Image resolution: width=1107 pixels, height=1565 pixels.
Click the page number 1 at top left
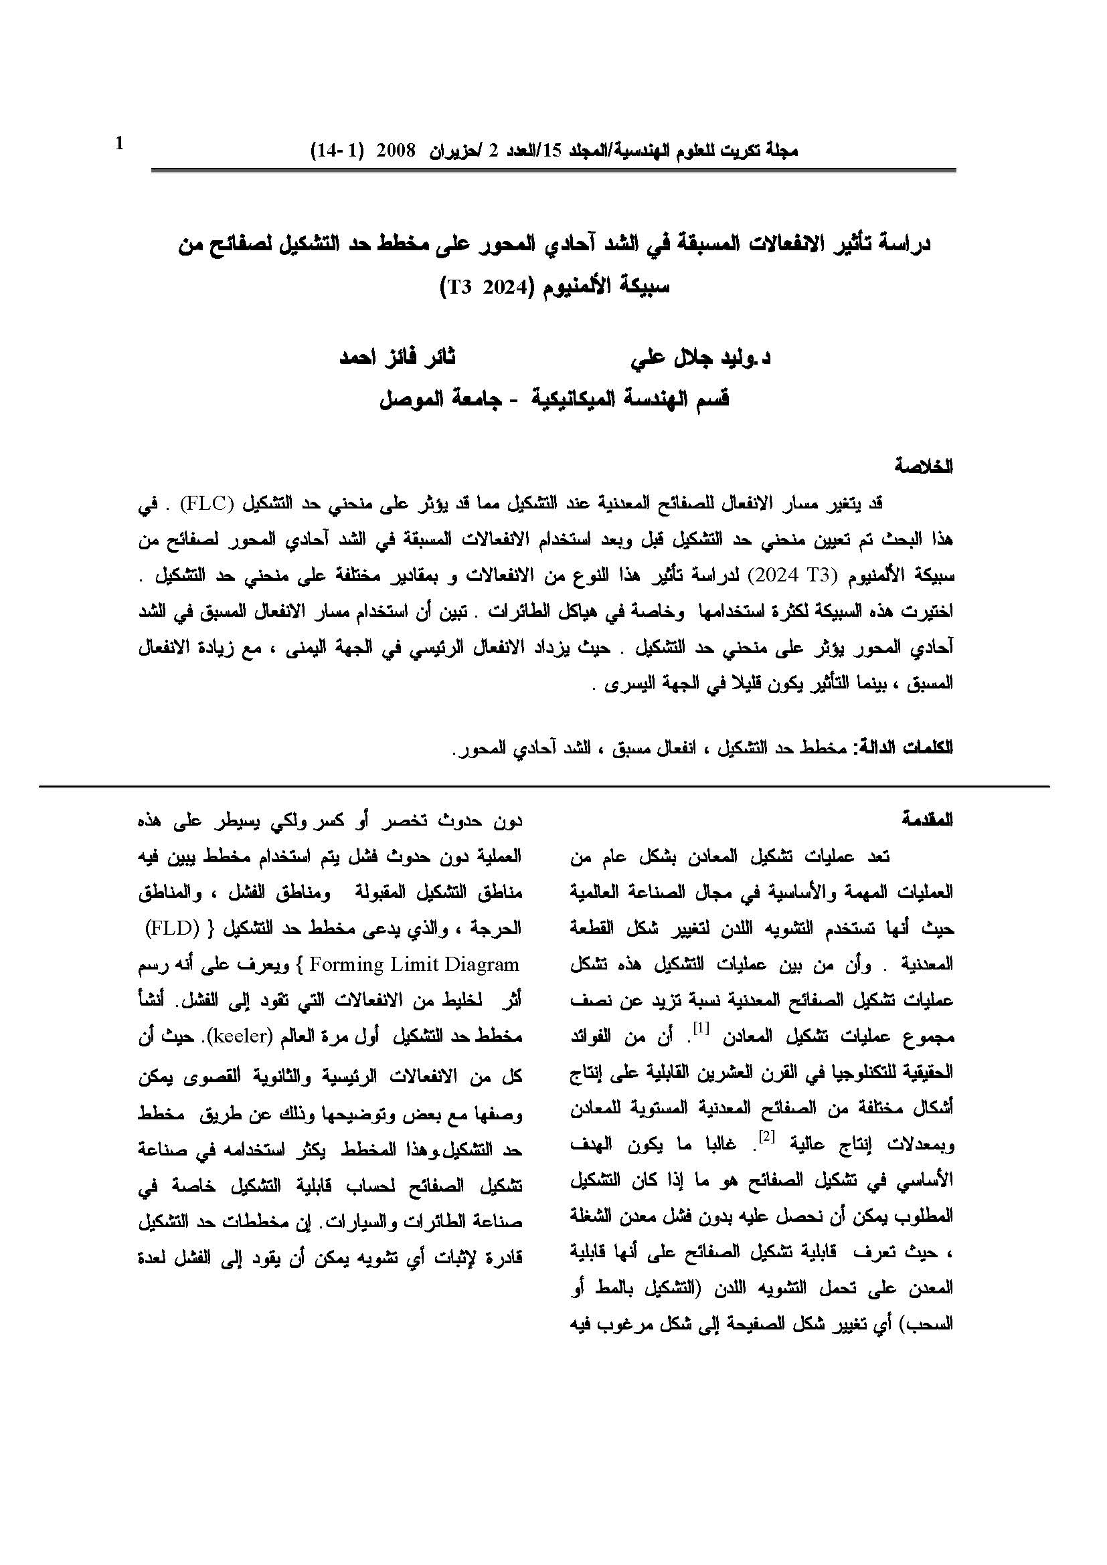click(120, 144)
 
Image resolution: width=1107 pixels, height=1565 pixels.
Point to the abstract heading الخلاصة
click(924, 467)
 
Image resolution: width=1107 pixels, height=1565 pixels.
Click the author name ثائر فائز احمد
click(398, 359)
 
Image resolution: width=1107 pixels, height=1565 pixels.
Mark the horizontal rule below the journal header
click(553, 170)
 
